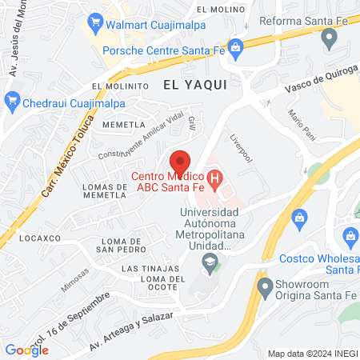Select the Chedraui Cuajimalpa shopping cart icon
[x=11, y=100]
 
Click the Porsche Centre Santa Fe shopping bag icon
[x=236, y=50]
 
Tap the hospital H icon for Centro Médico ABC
[x=214, y=177]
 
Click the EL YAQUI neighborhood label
[x=195, y=83]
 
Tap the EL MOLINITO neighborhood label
[x=121, y=86]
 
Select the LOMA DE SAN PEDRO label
[x=120, y=245]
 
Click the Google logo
[x=26, y=350]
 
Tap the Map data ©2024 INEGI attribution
[x=311, y=354]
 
